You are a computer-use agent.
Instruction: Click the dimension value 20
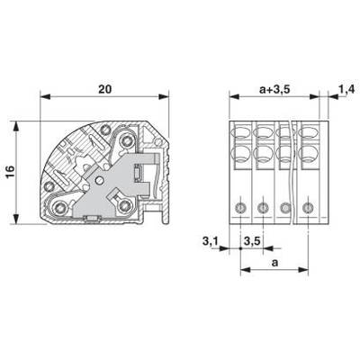pyautogui.click(x=104, y=89)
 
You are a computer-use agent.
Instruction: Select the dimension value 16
pyautogui.click(x=10, y=172)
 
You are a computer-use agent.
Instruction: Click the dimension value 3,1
pyautogui.click(x=210, y=241)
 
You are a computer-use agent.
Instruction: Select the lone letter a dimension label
pyautogui.click(x=274, y=263)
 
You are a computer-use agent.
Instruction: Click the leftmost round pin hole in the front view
pyautogui.click(x=240, y=207)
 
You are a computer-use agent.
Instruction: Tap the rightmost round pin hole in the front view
pyautogui.click(x=308, y=207)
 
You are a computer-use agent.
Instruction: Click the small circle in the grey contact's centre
pyautogui.click(x=99, y=180)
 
